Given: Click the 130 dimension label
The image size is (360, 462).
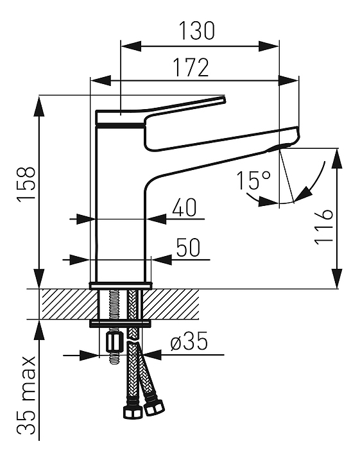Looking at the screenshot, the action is point(197,31).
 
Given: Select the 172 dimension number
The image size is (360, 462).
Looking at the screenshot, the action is point(191,67).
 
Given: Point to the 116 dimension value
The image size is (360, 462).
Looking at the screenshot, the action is point(324,227).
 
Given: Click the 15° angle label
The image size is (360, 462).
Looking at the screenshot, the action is point(253,180).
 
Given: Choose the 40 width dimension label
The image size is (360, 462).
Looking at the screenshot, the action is point(184,207).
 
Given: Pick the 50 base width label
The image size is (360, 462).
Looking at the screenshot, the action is point(188,248).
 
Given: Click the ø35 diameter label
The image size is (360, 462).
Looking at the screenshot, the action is point(189,342).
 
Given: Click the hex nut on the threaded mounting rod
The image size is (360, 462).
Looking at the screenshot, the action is point(113,343).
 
